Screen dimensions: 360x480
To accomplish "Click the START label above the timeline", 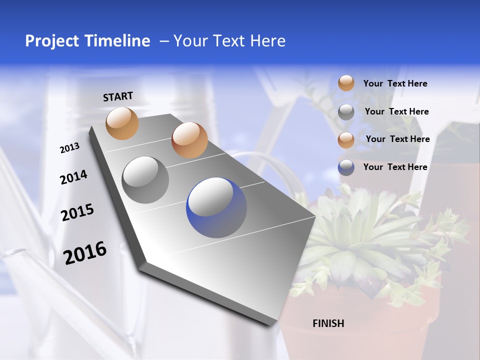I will [x=118, y=96].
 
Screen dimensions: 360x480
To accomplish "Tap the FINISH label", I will [x=328, y=323].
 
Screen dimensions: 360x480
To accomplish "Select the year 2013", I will [x=69, y=148].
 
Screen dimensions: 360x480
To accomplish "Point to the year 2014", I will [x=73, y=177].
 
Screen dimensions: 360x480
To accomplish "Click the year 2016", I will [x=85, y=253].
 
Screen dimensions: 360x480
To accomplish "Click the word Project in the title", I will [x=51, y=41].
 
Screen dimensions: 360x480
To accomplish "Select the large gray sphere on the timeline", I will [x=145, y=179].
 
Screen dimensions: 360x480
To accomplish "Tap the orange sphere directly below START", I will [x=122, y=123].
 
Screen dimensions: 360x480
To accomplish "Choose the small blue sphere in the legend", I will [x=346, y=167].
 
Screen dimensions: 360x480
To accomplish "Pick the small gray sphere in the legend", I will [x=346, y=112].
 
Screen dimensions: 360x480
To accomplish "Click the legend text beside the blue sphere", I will [x=395, y=167].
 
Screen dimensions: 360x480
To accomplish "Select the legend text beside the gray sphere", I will [x=396, y=111].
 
